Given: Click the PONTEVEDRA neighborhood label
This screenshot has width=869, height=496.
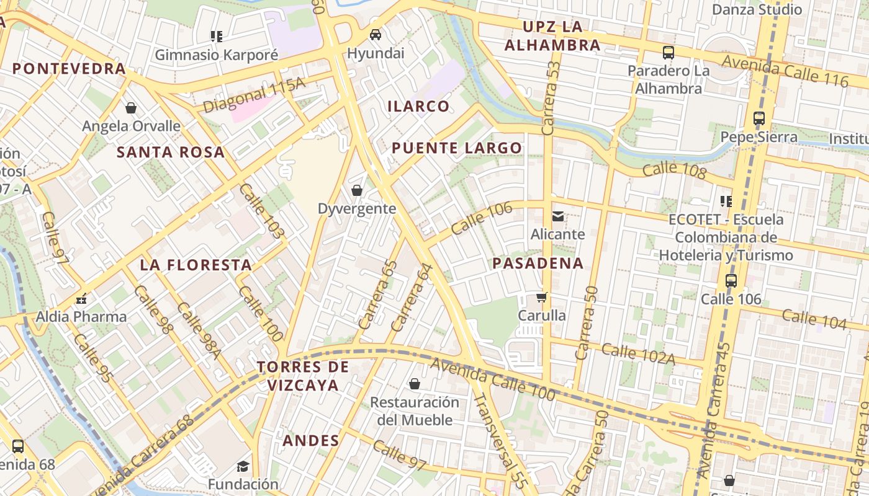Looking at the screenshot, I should click(69, 68).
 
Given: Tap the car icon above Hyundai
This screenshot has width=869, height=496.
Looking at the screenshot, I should click(375, 35).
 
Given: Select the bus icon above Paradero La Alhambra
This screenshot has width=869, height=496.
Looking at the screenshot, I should click(668, 53).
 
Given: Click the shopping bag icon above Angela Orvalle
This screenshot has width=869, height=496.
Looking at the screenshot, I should click(131, 108).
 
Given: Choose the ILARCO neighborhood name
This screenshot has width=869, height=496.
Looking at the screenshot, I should click(418, 106).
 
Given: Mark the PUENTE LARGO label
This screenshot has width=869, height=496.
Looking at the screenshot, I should click(456, 148).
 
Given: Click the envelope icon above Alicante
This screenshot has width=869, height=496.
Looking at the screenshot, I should click(557, 216).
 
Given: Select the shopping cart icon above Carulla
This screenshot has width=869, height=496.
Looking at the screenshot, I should click(542, 298).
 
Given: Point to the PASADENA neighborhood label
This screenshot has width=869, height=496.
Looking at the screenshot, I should click(538, 263).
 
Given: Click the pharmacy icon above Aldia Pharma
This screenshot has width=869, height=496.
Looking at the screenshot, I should click(81, 299).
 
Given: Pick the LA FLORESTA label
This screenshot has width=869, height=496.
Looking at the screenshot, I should click(196, 265).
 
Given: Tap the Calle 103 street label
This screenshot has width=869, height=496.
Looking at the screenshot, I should click(261, 211).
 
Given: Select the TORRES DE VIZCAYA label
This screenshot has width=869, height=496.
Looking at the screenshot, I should click(303, 376).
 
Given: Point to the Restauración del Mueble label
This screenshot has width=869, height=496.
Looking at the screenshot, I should click(415, 410).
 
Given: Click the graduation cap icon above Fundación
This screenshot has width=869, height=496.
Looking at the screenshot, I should click(243, 466).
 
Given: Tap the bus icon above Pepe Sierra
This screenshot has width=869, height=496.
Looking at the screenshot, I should click(759, 118).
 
